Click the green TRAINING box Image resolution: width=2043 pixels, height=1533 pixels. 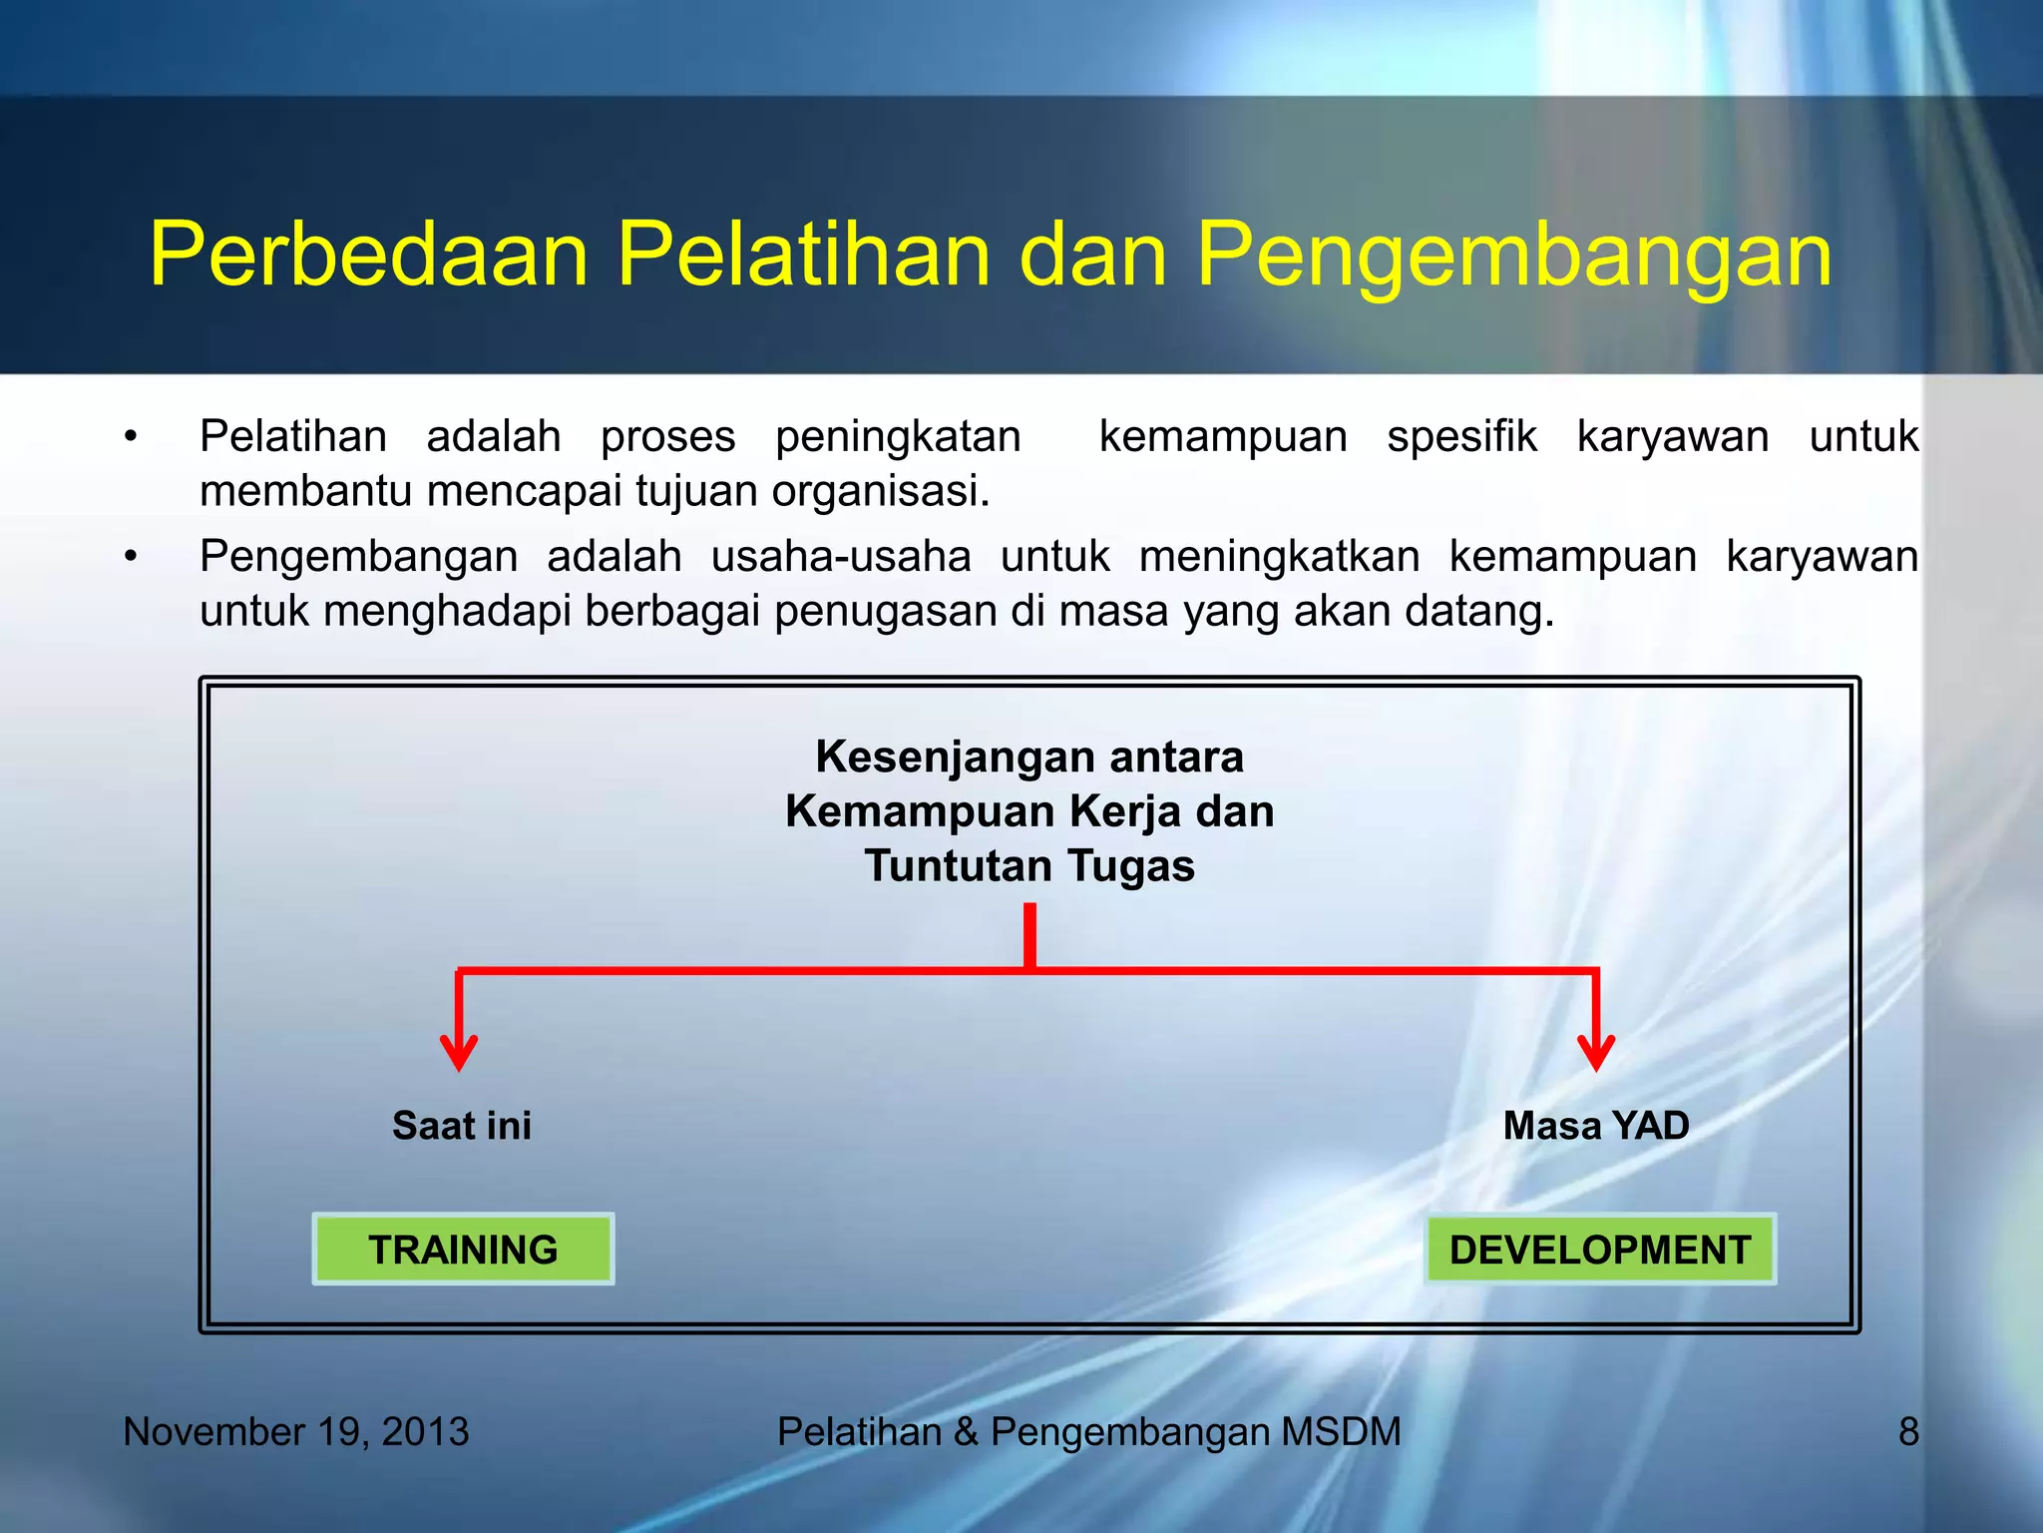(x=463, y=1249)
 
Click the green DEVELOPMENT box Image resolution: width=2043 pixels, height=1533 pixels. (x=1599, y=1249)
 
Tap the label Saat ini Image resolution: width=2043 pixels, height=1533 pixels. (x=461, y=1126)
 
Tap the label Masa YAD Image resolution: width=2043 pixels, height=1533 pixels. (x=1595, y=1126)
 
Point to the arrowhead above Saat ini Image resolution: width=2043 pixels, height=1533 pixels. (x=459, y=1053)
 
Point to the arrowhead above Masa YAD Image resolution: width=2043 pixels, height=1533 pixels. (x=1596, y=1053)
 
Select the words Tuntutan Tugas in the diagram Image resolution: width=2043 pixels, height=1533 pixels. (x=1029, y=865)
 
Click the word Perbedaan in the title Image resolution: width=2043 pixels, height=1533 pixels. (x=369, y=255)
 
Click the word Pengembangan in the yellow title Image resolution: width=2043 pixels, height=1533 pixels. (x=1513, y=255)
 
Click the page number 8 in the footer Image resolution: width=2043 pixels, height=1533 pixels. (x=1907, y=1431)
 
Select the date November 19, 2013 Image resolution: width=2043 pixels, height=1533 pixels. (x=296, y=1431)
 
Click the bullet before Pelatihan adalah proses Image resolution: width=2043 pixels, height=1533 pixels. (x=131, y=437)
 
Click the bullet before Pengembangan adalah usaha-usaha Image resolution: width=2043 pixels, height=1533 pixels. (x=131, y=557)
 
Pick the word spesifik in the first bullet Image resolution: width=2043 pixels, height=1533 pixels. (x=1461, y=437)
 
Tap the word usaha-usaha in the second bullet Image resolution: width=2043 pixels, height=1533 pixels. (x=840, y=557)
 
